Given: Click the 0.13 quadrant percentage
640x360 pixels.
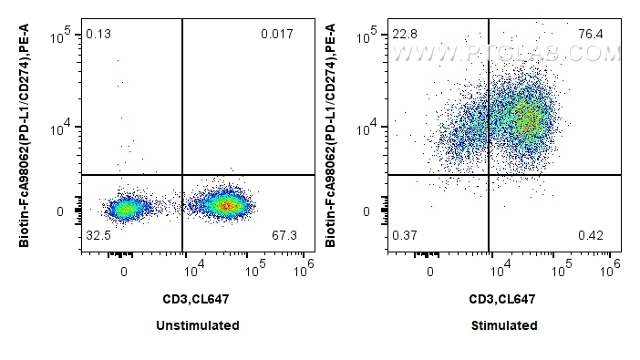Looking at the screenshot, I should coord(98,35).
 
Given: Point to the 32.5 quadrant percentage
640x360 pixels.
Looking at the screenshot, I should coord(98,236).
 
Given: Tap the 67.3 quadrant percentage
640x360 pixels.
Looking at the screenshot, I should coord(285,236).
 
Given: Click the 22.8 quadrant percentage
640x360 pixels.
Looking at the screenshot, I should coord(405,35).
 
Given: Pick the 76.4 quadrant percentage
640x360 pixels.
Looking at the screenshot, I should coord(592,35).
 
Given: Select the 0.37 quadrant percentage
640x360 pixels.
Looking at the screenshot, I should coord(405,236).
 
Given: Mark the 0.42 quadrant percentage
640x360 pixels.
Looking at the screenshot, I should coord(592,236).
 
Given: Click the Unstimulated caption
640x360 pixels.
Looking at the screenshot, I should coord(199,325).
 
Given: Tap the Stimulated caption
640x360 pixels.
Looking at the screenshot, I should coord(504,325).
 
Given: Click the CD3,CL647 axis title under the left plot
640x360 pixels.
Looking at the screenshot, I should coord(198,298).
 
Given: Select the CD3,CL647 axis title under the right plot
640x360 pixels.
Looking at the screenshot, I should coord(504,298).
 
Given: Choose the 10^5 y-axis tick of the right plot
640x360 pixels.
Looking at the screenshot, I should coord(368,35).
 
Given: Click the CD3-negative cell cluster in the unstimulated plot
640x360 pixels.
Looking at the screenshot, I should coord(125,209).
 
